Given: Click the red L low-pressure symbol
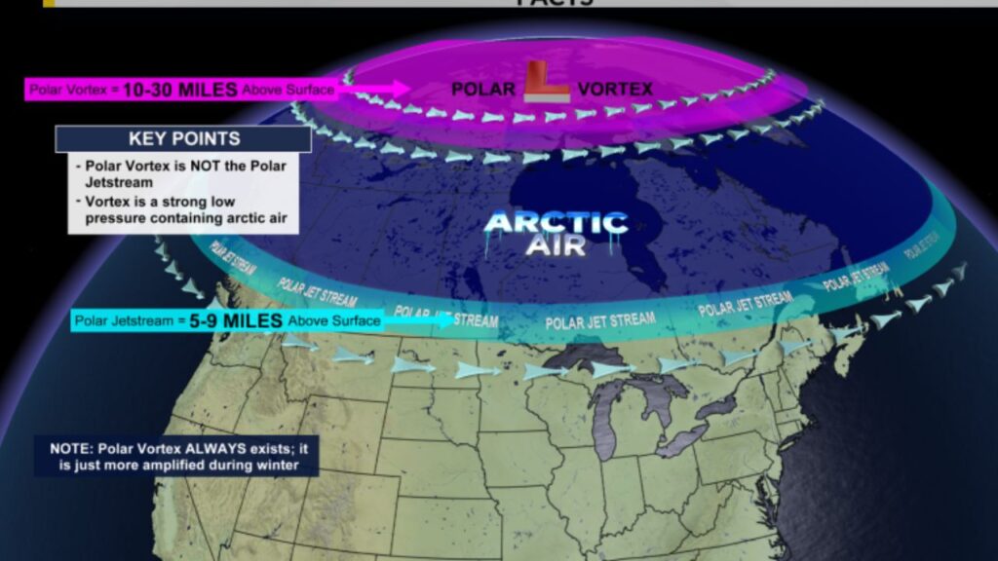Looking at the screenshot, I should pos(545,83).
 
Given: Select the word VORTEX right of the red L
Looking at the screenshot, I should pos(614,89).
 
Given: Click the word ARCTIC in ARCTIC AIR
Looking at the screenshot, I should pos(543,222).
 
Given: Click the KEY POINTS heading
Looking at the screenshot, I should pos(183,138).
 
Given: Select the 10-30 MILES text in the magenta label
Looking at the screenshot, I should pos(179,90).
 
